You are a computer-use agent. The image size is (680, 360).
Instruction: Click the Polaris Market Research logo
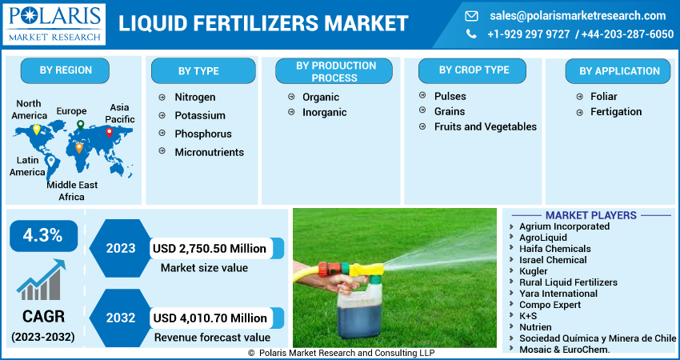tap(54, 24)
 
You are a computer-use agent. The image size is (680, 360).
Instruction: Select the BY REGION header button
tap(66, 70)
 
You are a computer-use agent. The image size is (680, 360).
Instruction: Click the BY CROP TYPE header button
tap(474, 70)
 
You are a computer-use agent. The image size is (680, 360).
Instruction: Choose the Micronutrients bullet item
tap(209, 152)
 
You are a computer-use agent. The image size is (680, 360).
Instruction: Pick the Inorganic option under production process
tap(324, 113)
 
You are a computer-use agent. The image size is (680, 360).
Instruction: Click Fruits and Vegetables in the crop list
tap(485, 126)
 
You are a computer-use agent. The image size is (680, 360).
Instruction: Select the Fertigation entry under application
tap(615, 112)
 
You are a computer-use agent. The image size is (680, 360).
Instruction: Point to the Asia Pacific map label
tap(119, 113)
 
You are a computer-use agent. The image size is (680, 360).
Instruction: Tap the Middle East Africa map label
tap(71, 190)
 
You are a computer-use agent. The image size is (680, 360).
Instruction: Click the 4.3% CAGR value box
tap(43, 235)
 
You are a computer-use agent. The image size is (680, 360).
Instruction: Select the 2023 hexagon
tap(120, 248)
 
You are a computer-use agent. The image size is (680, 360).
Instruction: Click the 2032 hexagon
tap(120, 318)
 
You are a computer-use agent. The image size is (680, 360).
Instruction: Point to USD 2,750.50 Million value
tap(210, 248)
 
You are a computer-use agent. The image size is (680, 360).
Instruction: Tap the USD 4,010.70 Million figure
tap(210, 318)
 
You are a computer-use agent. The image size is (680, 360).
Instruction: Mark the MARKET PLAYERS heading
tap(590, 215)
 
